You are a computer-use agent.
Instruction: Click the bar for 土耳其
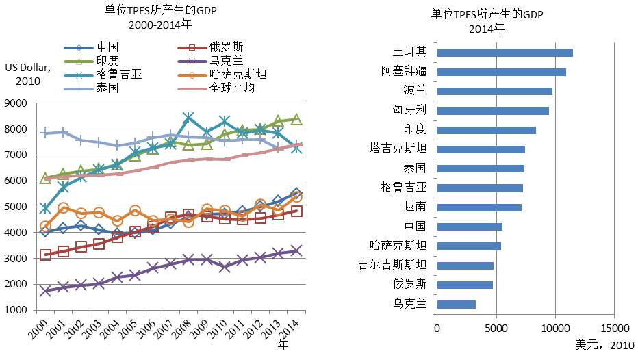pyautogui.click(x=504, y=52)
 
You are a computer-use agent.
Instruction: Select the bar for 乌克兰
pyautogui.click(x=455, y=304)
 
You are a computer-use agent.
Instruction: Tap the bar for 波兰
pyautogui.click(x=494, y=91)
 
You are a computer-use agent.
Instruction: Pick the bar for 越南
pyautogui.click(x=478, y=207)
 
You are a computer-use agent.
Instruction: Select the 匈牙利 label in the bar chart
pyautogui.click(x=410, y=110)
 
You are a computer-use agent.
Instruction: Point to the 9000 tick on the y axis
pyautogui.click(x=16, y=103)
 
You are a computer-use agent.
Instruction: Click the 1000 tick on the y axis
pyautogui.click(x=16, y=310)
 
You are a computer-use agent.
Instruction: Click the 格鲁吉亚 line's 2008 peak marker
pyautogui.click(x=188, y=118)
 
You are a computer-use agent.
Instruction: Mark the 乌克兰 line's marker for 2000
pyautogui.click(x=45, y=291)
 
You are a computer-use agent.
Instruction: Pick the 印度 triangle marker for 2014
pyautogui.click(x=296, y=119)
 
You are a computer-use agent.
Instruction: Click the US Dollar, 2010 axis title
pyautogui.click(x=25, y=74)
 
